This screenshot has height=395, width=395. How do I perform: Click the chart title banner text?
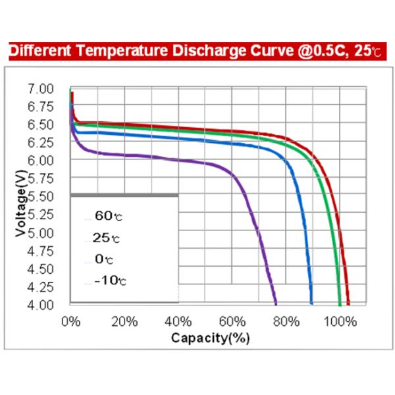click(x=197, y=51)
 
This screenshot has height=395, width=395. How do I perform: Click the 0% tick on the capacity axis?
click(x=70, y=322)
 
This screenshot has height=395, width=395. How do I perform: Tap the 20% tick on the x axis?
click(x=124, y=322)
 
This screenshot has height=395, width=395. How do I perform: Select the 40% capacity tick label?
click(x=178, y=322)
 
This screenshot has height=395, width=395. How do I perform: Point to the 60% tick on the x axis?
click(x=232, y=322)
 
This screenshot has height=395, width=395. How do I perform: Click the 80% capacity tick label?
click(x=286, y=322)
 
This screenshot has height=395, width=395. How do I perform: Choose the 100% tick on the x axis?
click(x=340, y=322)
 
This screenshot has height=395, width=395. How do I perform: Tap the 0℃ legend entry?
click(x=104, y=259)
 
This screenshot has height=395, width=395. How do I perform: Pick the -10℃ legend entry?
click(x=109, y=281)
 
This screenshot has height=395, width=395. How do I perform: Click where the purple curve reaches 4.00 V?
click(x=276, y=304)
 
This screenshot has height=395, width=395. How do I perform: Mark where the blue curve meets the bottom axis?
click(x=311, y=304)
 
